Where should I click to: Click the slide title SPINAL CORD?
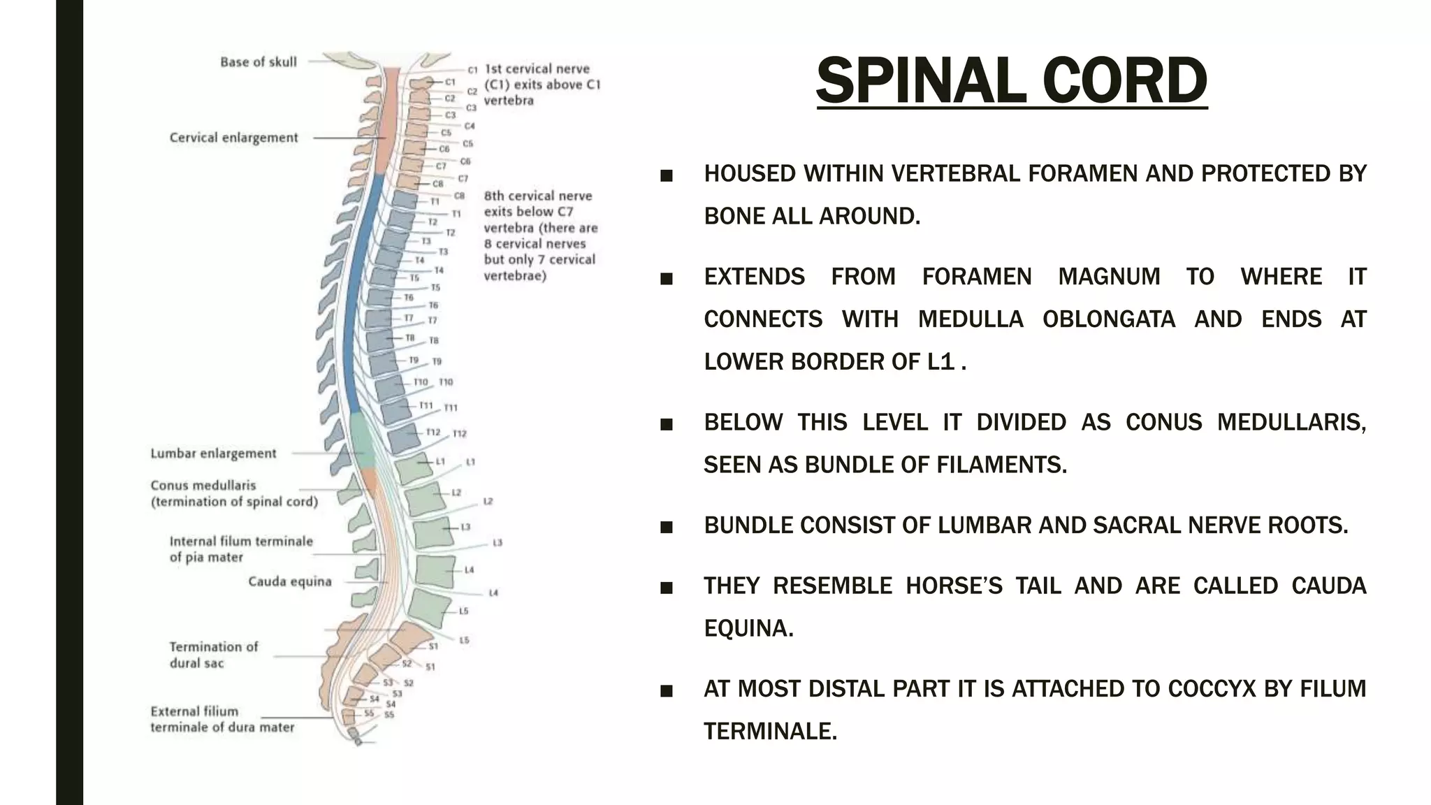pyautogui.click(x=1011, y=81)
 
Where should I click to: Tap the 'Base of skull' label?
pyautogui.click(x=259, y=62)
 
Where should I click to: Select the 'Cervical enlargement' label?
pyautogui.click(x=233, y=138)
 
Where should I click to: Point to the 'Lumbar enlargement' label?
pyautogui.click(x=213, y=454)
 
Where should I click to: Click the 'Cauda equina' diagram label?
pyautogui.click(x=290, y=581)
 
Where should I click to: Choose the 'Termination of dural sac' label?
pyautogui.click(x=213, y=655)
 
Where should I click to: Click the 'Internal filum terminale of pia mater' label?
pyautogui.click(x=241, y=549)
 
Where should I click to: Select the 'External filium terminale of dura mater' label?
pyautogui.click(x=222, y=719)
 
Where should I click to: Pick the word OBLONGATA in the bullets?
pyautogui.click(x=1108, y=319)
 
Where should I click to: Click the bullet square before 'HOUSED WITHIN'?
pyautogui.click(x=667, y=175)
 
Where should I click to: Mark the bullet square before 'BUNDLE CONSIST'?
pyautogui.click(x=667, y=527)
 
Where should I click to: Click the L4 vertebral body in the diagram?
pyautogui.click(x=435, y=570)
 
